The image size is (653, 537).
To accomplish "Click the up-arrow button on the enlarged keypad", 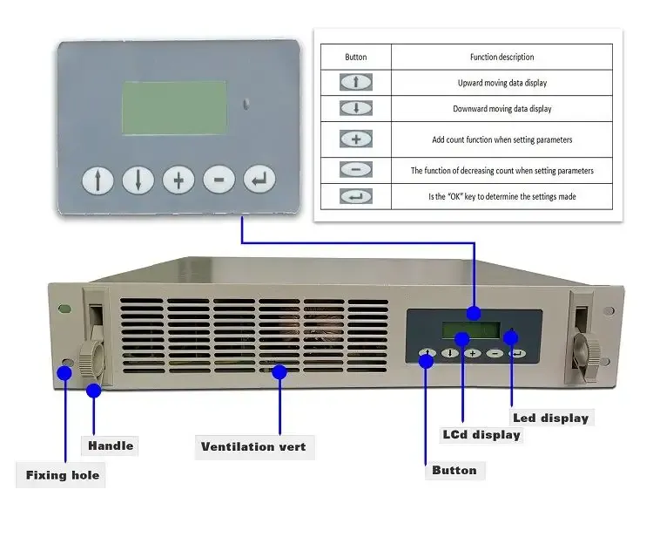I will [98, 180].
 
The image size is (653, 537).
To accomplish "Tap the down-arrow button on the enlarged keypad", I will [138, 180].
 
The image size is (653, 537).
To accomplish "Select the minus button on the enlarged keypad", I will [219, 180].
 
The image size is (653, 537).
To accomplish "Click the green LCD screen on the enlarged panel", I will [174, 108].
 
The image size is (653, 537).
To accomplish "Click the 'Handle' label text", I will [111, 445].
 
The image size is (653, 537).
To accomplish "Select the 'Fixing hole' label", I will [62, 475].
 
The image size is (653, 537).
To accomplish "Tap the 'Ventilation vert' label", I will [253, 447].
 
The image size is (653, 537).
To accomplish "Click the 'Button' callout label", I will [454, 470].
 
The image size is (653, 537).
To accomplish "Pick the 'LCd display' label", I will [481, 434].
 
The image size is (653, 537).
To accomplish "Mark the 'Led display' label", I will [550, 418].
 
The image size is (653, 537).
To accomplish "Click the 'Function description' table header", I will [502, 57].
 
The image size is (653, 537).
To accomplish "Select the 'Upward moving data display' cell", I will [502, 83].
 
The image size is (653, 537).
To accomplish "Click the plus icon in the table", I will [355, 139].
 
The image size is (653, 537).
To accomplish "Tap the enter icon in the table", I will [355, 197].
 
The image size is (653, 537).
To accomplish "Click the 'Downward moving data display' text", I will [502, 109].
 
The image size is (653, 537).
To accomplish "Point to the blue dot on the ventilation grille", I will [279, 372].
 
